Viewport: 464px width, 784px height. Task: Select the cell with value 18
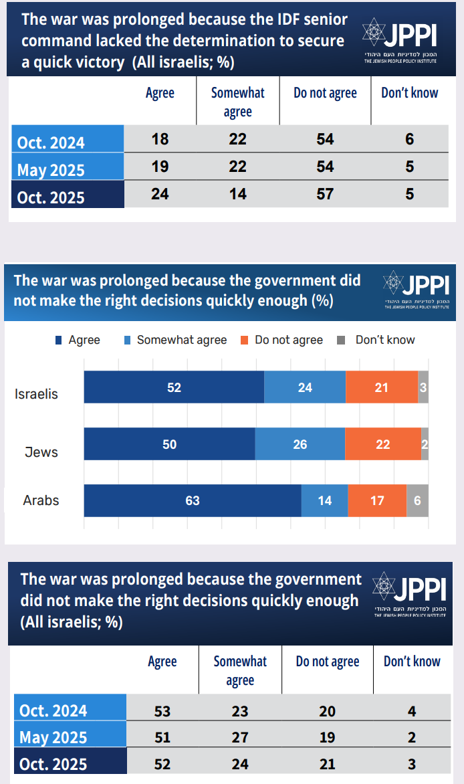pos(160,139)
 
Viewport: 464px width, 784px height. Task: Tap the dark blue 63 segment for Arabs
pos(193,500)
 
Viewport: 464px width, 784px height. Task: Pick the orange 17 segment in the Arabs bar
pos(377,500)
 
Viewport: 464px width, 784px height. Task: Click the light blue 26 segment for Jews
pos(300,444)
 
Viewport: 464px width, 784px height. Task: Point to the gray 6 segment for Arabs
pos(417,500)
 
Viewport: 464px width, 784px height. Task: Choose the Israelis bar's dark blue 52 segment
pos(174,387)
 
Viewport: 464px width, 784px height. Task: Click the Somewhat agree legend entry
pos(175,340)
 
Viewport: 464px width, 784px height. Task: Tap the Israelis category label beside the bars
pos(36,394)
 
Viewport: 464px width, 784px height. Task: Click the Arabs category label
pos(41,500)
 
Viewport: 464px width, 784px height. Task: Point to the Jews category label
pos(41,452)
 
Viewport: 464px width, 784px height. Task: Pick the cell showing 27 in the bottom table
pos(239,737)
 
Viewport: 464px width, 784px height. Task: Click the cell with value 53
pos(162,711)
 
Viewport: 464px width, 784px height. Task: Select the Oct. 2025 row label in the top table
pos(51,197)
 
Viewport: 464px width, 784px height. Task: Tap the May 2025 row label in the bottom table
pos(53,737)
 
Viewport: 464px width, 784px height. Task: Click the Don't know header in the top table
pos(409,93)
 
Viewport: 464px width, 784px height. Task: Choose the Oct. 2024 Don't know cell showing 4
pos(412,711)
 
